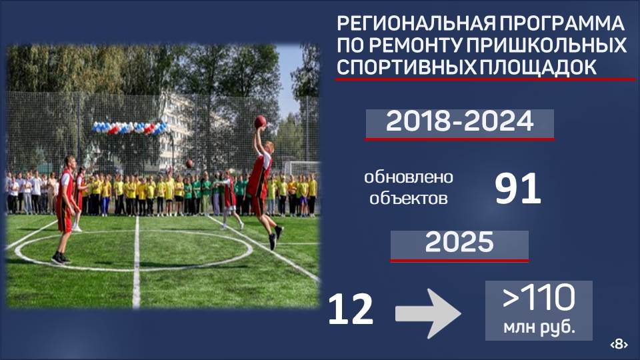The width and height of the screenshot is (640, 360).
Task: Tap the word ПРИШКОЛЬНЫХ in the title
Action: pos(547,45)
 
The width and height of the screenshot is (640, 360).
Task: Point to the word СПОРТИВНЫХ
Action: pos(407,67)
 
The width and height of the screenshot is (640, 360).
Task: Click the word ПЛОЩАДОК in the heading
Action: pos(539,67)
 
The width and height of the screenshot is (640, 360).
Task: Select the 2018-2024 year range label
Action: pos(459,121)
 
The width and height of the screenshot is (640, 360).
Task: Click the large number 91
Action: pos(518,189)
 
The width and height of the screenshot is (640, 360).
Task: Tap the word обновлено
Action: pos(409,177)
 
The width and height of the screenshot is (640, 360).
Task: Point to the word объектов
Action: pos(409,199)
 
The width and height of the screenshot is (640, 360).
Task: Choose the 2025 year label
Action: pos(459,243)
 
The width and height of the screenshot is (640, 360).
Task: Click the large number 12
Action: pos(351,310)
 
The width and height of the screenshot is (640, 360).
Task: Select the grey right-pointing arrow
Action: pos(428,313)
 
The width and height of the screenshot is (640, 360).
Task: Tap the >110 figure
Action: pos(539,297)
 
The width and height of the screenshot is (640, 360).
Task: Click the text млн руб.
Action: pos(539,327)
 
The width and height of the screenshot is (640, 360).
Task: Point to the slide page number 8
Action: pos(619,345)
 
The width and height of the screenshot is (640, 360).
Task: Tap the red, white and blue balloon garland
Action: pos(130,128)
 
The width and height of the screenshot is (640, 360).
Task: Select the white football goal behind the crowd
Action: pos(301,168)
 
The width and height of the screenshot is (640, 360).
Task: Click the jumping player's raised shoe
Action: pos(279,232)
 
